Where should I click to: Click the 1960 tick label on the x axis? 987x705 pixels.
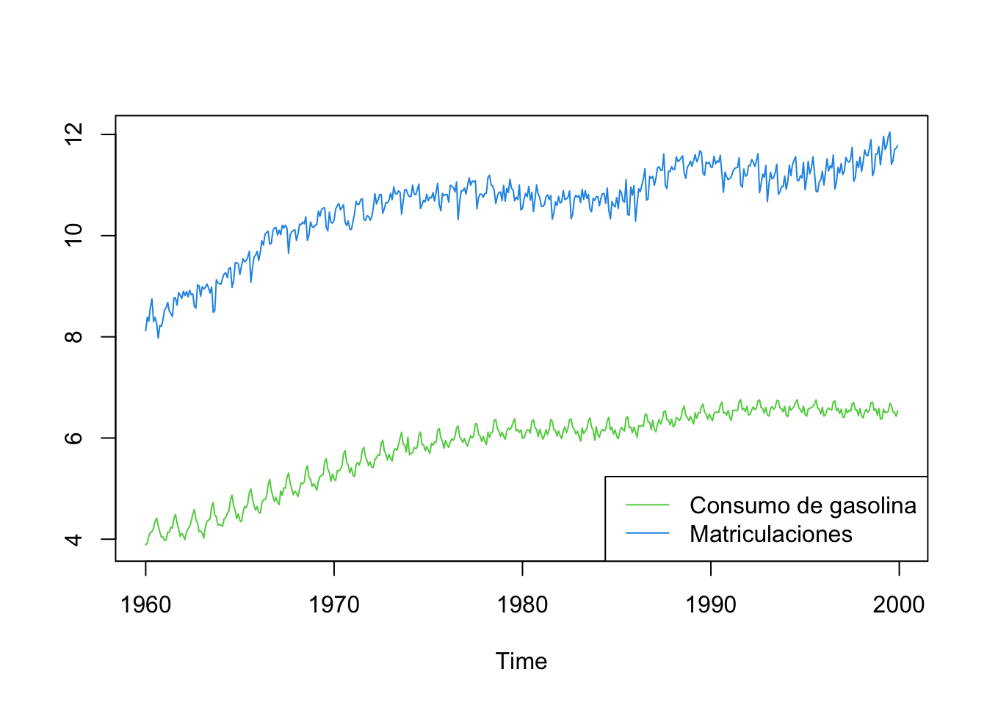point(145,605)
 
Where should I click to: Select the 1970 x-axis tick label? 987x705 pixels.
point(334,605)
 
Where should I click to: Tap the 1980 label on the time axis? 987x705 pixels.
point(522,605)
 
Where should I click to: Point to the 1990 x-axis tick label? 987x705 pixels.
point(711,605)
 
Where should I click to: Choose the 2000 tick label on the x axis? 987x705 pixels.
point(899,605)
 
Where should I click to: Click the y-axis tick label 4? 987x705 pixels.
point(74,539)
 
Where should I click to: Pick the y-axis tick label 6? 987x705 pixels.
point(74,438)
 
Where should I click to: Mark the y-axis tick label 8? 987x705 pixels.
point(74,337)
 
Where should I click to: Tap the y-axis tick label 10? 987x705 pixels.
point(74,236)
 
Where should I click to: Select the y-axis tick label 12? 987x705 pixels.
point(74,134)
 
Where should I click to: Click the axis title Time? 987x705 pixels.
point(521,662)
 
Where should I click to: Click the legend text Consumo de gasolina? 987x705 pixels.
point(803,505)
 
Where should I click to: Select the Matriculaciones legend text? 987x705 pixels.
point(771,534)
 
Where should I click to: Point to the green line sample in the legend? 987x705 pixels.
point(648,505)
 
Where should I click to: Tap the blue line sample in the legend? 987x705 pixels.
point(648,533)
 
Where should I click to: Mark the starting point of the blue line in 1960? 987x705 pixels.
point(145,330)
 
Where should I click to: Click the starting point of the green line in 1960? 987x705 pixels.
point(145,545)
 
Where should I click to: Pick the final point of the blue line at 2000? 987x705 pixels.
point(898,145)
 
